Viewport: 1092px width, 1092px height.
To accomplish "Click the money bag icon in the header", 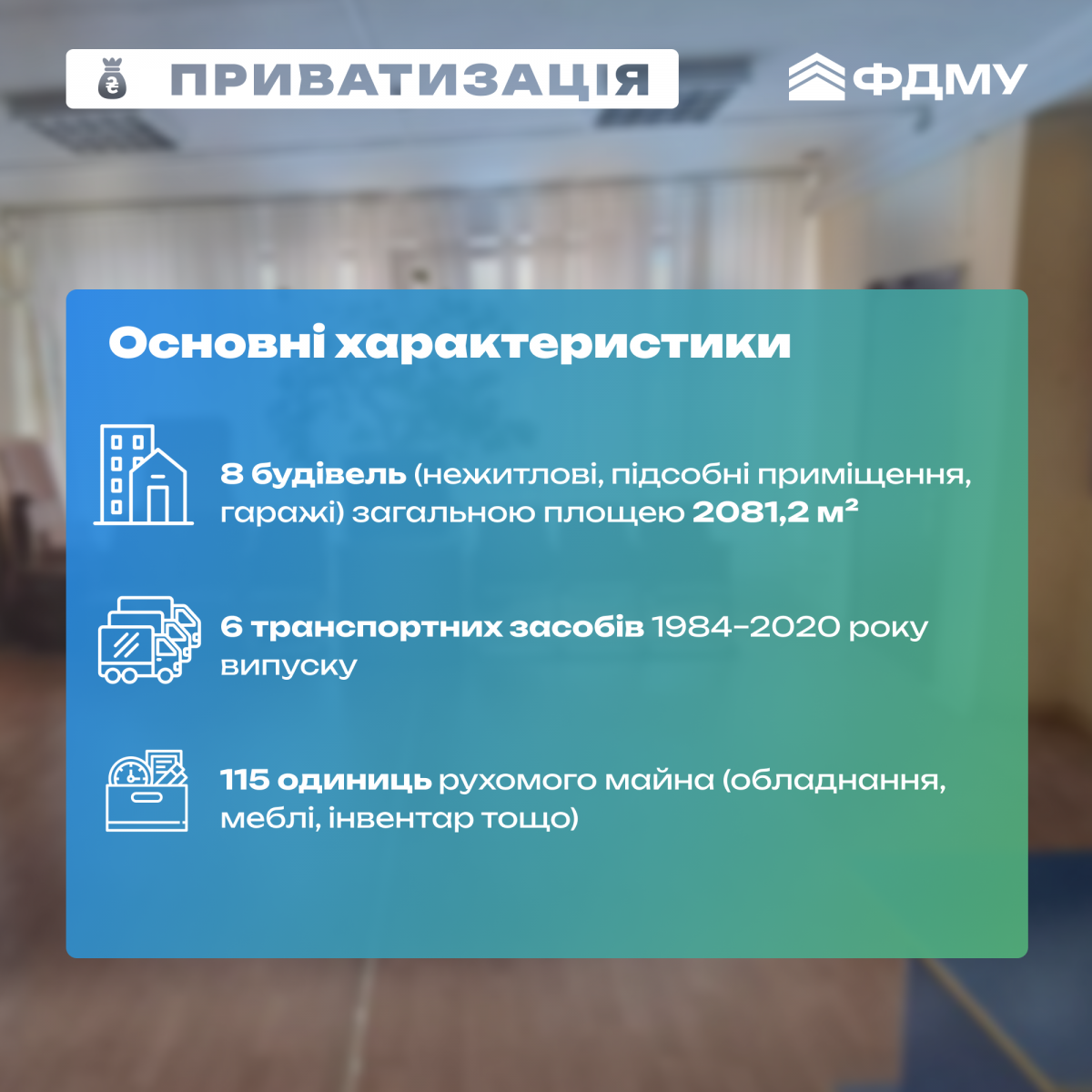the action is coord(112,79).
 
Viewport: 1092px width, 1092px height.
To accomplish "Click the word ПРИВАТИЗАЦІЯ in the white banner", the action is coord(409,79).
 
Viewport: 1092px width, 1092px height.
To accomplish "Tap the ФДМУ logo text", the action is coord(939,79).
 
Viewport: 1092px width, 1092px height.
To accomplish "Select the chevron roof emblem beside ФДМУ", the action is coord(816,76).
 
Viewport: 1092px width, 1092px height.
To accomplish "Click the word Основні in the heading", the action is coord(217,343).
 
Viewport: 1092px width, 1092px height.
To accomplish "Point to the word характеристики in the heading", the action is coord(562,344).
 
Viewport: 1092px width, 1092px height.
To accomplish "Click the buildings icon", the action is coord(144,474).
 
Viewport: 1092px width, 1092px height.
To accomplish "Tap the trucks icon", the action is coord(149,639).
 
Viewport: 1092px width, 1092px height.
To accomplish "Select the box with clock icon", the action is coord(147,791).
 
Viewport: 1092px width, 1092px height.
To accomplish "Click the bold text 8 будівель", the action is coord(313,474).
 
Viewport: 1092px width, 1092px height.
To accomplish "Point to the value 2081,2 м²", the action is coord(775,512).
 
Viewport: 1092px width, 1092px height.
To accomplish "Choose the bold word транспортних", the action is coord(376,628).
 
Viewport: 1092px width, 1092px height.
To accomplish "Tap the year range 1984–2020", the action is coord(746,627).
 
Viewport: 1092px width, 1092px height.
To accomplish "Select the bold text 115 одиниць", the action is coord(326,781).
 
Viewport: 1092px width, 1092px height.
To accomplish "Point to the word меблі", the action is coord(271,819).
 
